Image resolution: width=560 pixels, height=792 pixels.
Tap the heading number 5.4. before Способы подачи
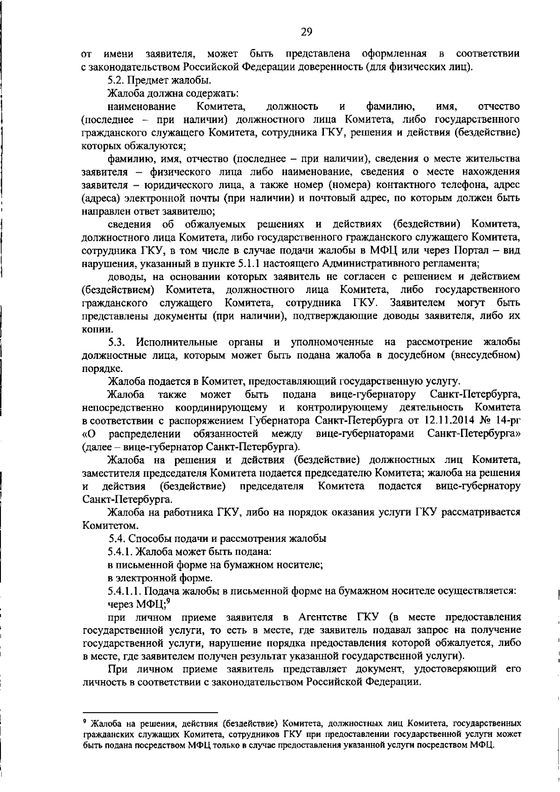tap(117, 538)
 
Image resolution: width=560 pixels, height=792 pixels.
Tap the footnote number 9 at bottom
tap(84, 722)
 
